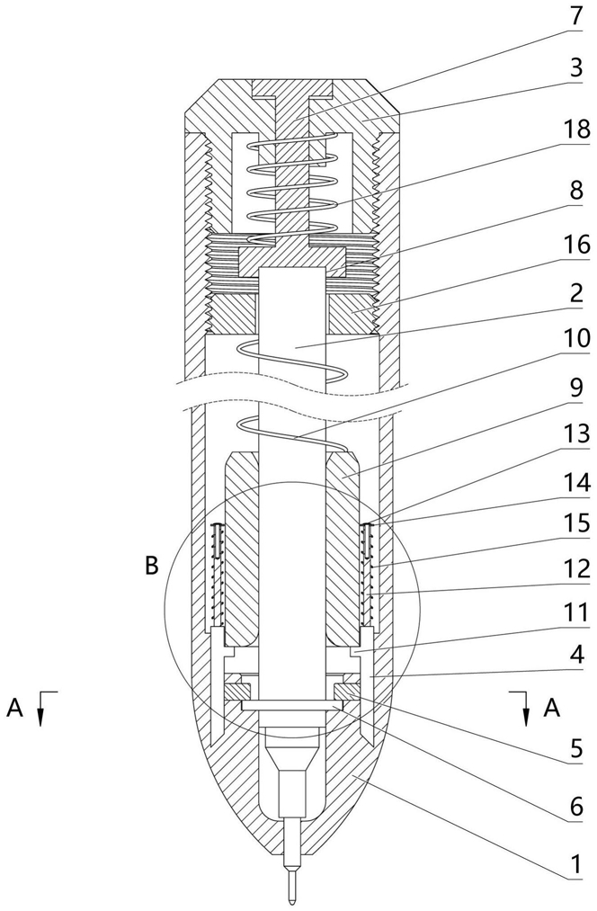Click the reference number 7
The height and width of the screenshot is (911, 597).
click(575, 15)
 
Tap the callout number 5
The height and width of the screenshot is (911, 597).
click(575, 749)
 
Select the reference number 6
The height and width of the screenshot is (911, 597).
click(575, 807)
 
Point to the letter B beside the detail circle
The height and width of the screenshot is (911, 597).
click(151, 566)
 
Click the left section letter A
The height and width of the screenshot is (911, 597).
click(15, 707)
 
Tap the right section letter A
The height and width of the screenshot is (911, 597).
click(551, 707)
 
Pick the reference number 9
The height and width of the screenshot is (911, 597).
click(575, 387)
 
